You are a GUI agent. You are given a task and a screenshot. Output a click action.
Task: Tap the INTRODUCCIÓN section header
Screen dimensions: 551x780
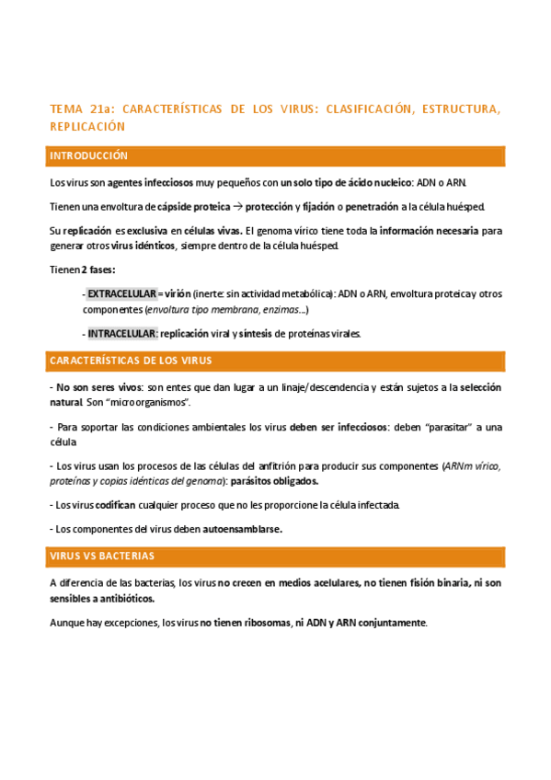tap(89, 156)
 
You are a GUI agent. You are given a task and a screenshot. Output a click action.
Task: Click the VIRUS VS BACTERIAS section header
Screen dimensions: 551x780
tap(102, 556)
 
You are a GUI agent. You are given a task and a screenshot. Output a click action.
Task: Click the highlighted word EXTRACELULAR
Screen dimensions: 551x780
tap(121, 294)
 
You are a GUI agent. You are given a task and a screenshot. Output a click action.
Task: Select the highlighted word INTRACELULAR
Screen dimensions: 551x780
tap(122, 334)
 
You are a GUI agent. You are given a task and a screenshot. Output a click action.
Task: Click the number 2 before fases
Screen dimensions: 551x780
tap(84, 270)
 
